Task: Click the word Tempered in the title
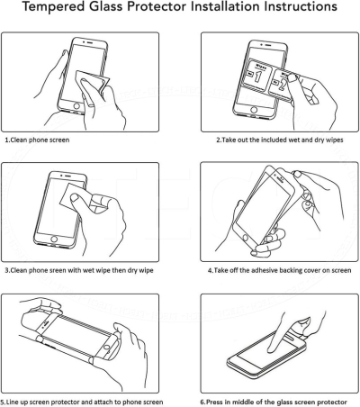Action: [54, 6]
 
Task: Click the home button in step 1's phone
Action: [76, 106]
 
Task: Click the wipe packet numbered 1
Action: [258, 75]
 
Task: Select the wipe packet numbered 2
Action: [281, 85]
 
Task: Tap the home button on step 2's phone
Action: [254, 109]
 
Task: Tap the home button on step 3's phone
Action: [54, 240]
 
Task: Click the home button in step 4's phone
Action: [246, 239]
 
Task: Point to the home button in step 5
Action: [106, 348]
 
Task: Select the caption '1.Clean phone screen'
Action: [37, 140]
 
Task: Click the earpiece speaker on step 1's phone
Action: [90, 41]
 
